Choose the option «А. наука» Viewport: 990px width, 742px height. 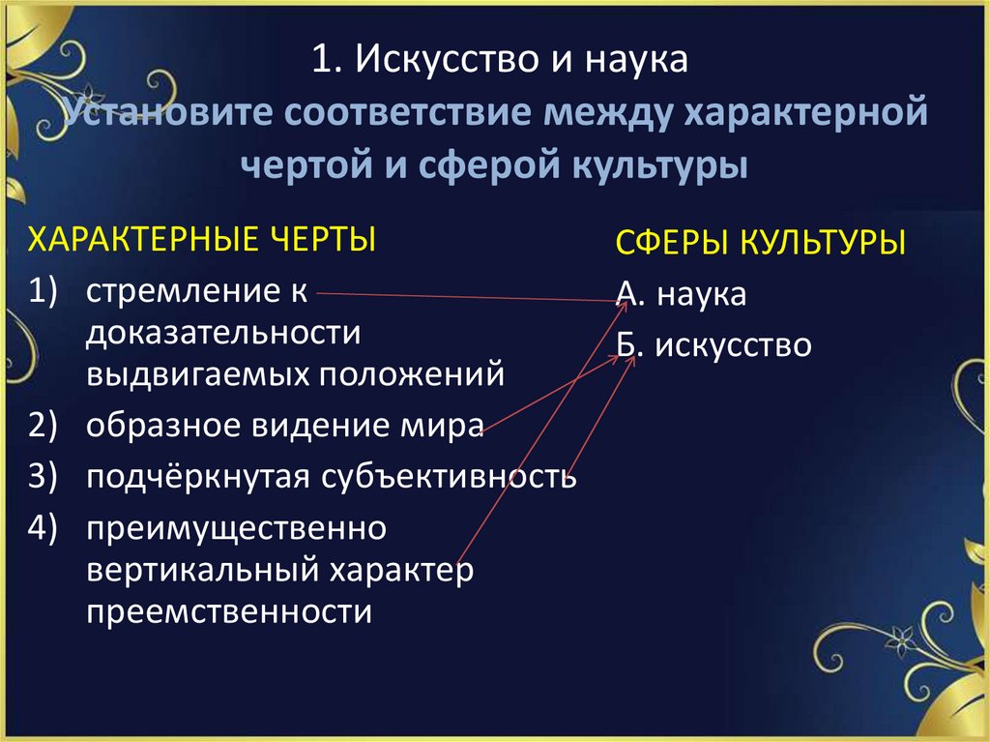pyautogui.click(x=680, y=294)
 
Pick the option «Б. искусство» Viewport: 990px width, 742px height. pyautogui.click(x=713, y=345)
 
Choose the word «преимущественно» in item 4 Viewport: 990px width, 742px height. pyautogui.click(x=236, y=528)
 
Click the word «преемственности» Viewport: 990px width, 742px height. pyautogui.click(x=228, y=611)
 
